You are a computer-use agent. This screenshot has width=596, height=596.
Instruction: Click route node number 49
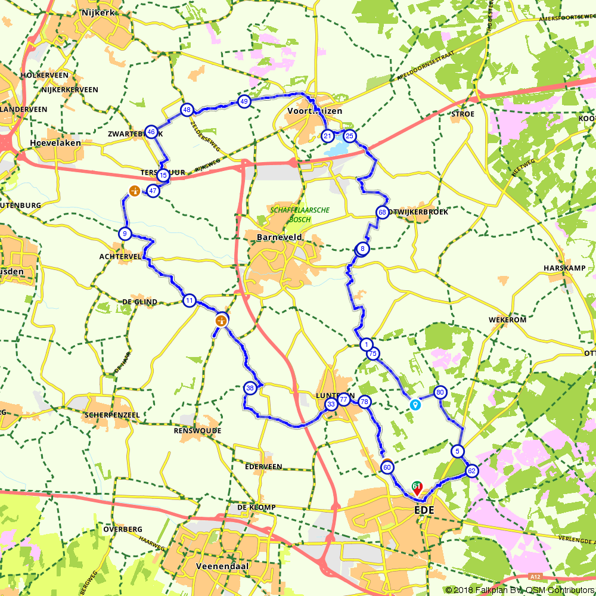(x=244, y=102)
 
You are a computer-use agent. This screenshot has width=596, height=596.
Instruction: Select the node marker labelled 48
(x=187, y=110)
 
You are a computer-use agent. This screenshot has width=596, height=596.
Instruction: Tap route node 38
(x=250, y=388)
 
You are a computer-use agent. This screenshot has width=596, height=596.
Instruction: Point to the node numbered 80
(x=440, y=392)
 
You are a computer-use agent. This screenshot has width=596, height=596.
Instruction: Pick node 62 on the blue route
(x=471, y=471)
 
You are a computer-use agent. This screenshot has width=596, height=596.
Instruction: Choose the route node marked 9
(x=125, y=234)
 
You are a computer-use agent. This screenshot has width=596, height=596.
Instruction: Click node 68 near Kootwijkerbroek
(x=382, y=213)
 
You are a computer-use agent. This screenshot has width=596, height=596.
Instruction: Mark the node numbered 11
(x=190, y=300)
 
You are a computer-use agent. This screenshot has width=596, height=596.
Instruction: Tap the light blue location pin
(x=415, y=405)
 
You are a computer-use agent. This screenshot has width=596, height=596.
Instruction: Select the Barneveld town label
(x=280, y=237)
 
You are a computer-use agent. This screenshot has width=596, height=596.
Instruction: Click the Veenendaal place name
(x=222, y=565)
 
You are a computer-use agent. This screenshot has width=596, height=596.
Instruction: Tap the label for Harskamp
(x=560, y=268)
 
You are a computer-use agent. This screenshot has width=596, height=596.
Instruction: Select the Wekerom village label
(x=507, y=319)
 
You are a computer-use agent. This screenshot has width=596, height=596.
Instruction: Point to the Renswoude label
(x=197, y=430)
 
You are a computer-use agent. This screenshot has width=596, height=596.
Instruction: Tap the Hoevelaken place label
(x=51, y=143)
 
